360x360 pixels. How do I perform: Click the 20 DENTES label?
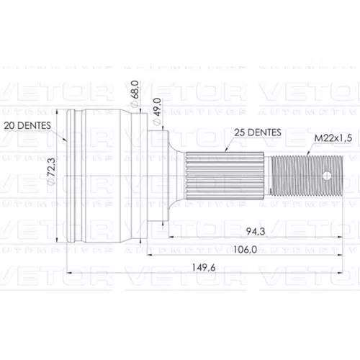[x=27, y=125]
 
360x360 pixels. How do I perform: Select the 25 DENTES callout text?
[x=258, y=132]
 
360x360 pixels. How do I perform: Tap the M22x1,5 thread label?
[x=333, y=138]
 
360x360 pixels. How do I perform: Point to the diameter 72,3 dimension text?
[x=52, y=171]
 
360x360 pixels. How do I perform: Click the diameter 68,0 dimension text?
[x=135, y=94]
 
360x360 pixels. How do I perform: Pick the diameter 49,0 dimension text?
[x=157, y=112]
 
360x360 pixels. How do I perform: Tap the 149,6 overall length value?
[x=204, y=267]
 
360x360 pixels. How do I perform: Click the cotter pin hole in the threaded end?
[x=327, y=176]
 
